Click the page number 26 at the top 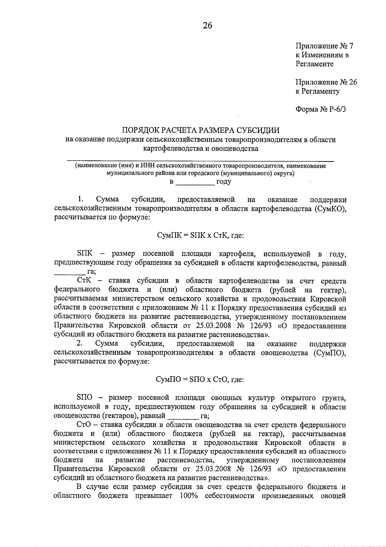click(x=207, y=25)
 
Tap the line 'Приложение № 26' click(x=326, y=82)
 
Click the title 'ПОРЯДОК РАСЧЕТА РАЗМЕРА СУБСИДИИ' click(x=200, y=130)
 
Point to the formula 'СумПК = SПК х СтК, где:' click(x=200, y=235)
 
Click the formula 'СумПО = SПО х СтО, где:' click(x=200, y=379)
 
